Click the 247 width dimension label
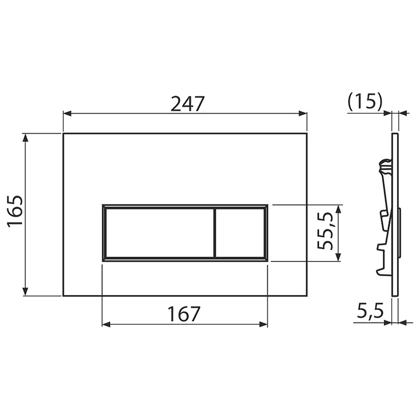point(187,103)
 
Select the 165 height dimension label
point(15,212)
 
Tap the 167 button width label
point(184,313)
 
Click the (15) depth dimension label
point(365,102)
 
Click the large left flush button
point(160,233)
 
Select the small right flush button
point(240,233)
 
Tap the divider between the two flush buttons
point(215,233)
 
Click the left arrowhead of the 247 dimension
point(67,113)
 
